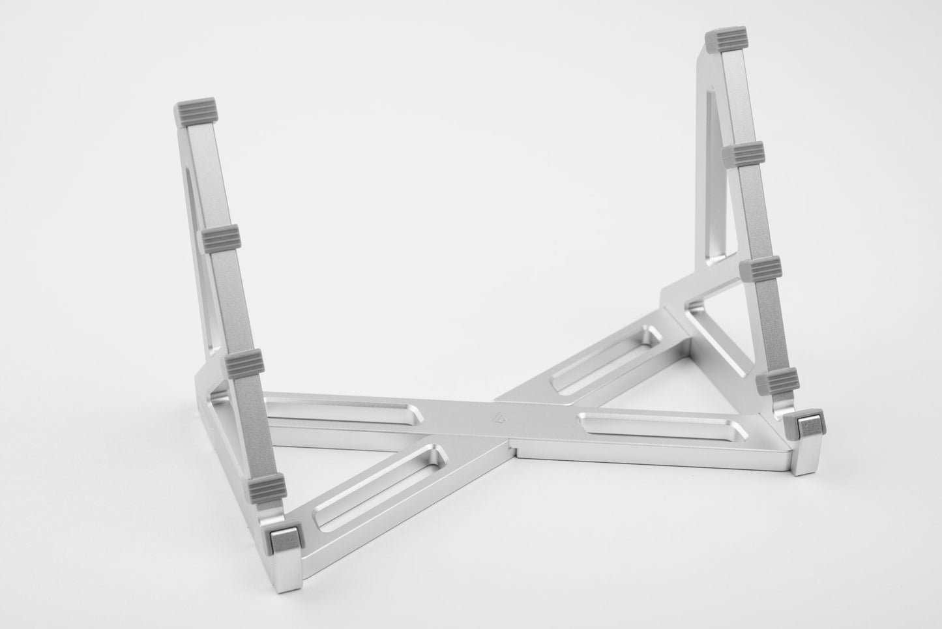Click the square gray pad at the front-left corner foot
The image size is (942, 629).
(284, 537)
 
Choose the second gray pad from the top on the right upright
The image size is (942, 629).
(742, 154)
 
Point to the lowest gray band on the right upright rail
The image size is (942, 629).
(777, 380)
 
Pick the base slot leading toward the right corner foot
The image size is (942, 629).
(658, 427)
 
